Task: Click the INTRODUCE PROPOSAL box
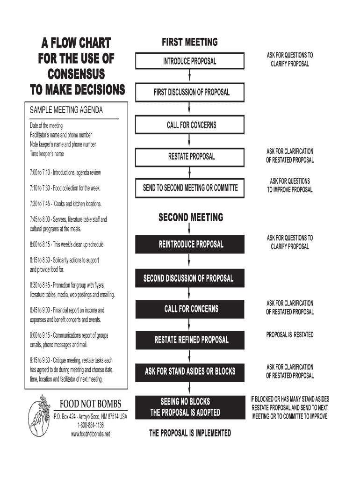pos(189,61)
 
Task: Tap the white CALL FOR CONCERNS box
pos(189,125)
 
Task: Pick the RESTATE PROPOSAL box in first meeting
pos(189,156)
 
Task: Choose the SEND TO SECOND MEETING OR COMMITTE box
pos(189,188)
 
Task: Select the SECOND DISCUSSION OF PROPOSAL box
pos(188,278)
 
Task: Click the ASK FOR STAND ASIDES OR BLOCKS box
pos(189,371)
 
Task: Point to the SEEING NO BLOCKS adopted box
pos(186,407)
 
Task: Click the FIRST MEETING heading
pos(189,43)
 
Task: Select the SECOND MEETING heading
pos(191,218)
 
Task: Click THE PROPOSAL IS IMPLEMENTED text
pos(190,433)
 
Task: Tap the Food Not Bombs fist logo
pos(39,414)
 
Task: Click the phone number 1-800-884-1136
pos(90,425)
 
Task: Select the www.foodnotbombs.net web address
pos(90,434)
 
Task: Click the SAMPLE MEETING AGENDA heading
pos(66,111)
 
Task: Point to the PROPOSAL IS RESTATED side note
pos(289,335)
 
